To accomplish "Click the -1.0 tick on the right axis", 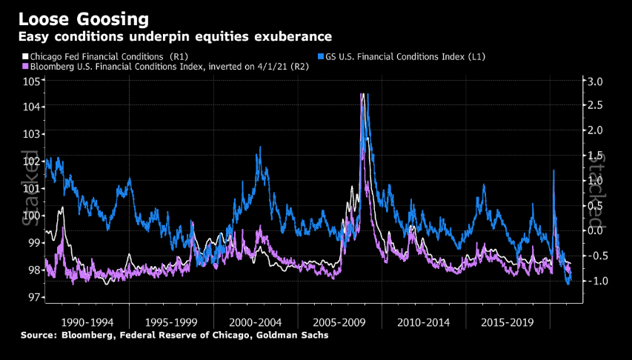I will click(x=595, y=281).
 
